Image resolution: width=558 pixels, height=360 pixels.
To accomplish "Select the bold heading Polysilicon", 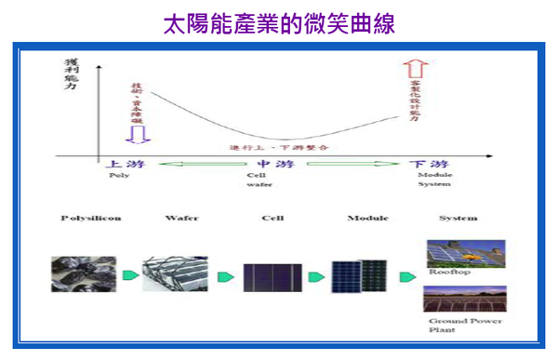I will click(90, 219).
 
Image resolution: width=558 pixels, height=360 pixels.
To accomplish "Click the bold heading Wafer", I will click(182, 219).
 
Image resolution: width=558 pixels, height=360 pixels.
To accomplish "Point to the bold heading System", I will click(458, 219).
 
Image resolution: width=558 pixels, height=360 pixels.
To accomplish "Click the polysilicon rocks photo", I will click(84, 274).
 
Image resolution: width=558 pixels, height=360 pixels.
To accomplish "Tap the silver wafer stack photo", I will click(175, 274).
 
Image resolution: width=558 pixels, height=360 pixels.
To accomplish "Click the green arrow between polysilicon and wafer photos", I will click(129, 276).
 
